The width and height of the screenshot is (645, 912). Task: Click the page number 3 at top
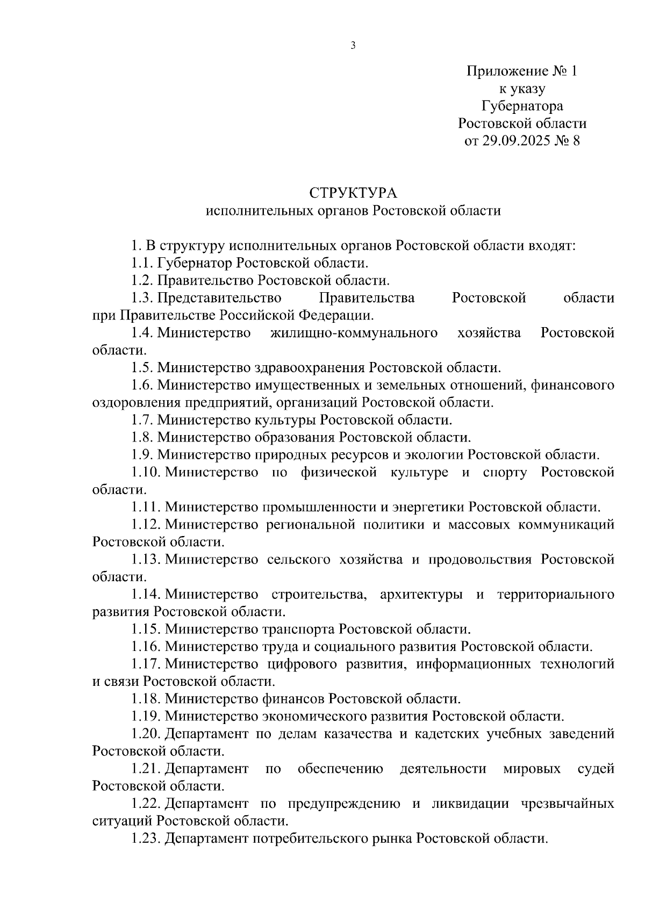[353, 46]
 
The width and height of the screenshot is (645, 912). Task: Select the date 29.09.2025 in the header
[514, 141]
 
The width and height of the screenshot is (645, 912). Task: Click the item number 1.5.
[142, 368]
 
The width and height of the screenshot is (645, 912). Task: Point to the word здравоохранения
[309, 368]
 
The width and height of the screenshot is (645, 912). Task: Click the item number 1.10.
[146, 473]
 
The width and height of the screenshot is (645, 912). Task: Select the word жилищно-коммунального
[354, 333]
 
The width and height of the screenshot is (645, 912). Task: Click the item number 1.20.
[146, 734]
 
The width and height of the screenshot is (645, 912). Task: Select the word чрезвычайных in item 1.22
[568, 804]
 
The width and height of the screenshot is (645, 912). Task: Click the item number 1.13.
[146, 560]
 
